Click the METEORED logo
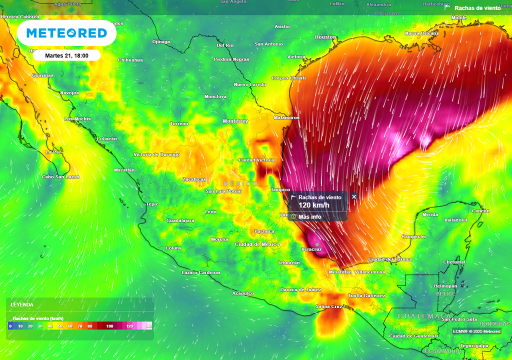[x=66, y=33]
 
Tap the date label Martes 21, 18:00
[x=67, y=55]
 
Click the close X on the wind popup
[x=354, y=196]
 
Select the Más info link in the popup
[x=309, y=216]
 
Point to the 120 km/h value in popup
[x=314, y=205]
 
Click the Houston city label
[x=325, y=37]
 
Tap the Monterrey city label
[x=235, y=121]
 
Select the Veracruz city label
[x=311, y=249]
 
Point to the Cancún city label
[x=480, y=210]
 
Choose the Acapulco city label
[x=243, y=293]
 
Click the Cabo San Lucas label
[x=60, y=177]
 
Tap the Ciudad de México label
[x=257, y=244]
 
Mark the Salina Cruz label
[x=329, y=306]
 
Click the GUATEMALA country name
[x=418, y=316]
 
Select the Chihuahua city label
[x=130, y=60]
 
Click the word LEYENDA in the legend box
[x=22, y=304]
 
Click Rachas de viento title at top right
[x=477, y=8]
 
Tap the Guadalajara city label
[x=180, y=220]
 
